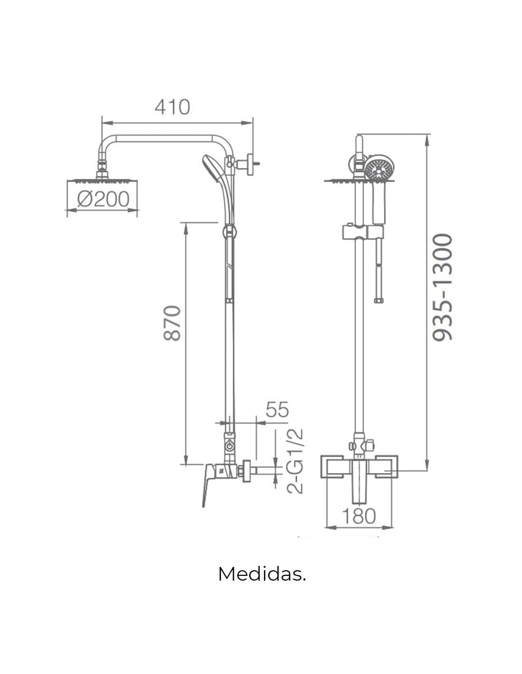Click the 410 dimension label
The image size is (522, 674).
point(172,107)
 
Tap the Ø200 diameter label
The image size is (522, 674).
point(103,199)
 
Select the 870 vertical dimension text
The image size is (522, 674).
point(172,323)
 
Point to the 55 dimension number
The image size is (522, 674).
point(277,410)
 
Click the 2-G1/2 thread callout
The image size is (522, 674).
point(294,461)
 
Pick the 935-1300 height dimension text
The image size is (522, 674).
point(442,287)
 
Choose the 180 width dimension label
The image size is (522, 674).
point(359,516)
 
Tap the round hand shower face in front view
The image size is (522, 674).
point(376,168)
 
